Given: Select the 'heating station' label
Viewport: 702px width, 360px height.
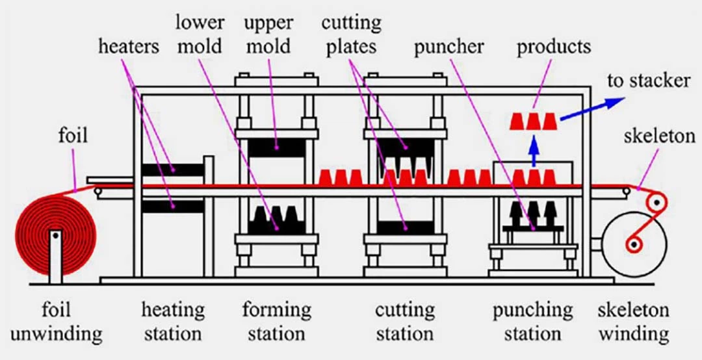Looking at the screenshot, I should click(173, 322).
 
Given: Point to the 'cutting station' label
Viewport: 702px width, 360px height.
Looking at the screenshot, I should click(404, 322).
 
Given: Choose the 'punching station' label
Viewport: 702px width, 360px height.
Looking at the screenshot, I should click(532, 322).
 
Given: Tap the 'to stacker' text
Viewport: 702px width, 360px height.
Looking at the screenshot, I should click(648, 81).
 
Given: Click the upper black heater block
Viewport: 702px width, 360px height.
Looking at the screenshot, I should click(172, 170).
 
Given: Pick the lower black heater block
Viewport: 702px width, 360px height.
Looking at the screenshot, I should click(172, 207).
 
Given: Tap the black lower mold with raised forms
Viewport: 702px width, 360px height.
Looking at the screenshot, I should click(277, 221).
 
